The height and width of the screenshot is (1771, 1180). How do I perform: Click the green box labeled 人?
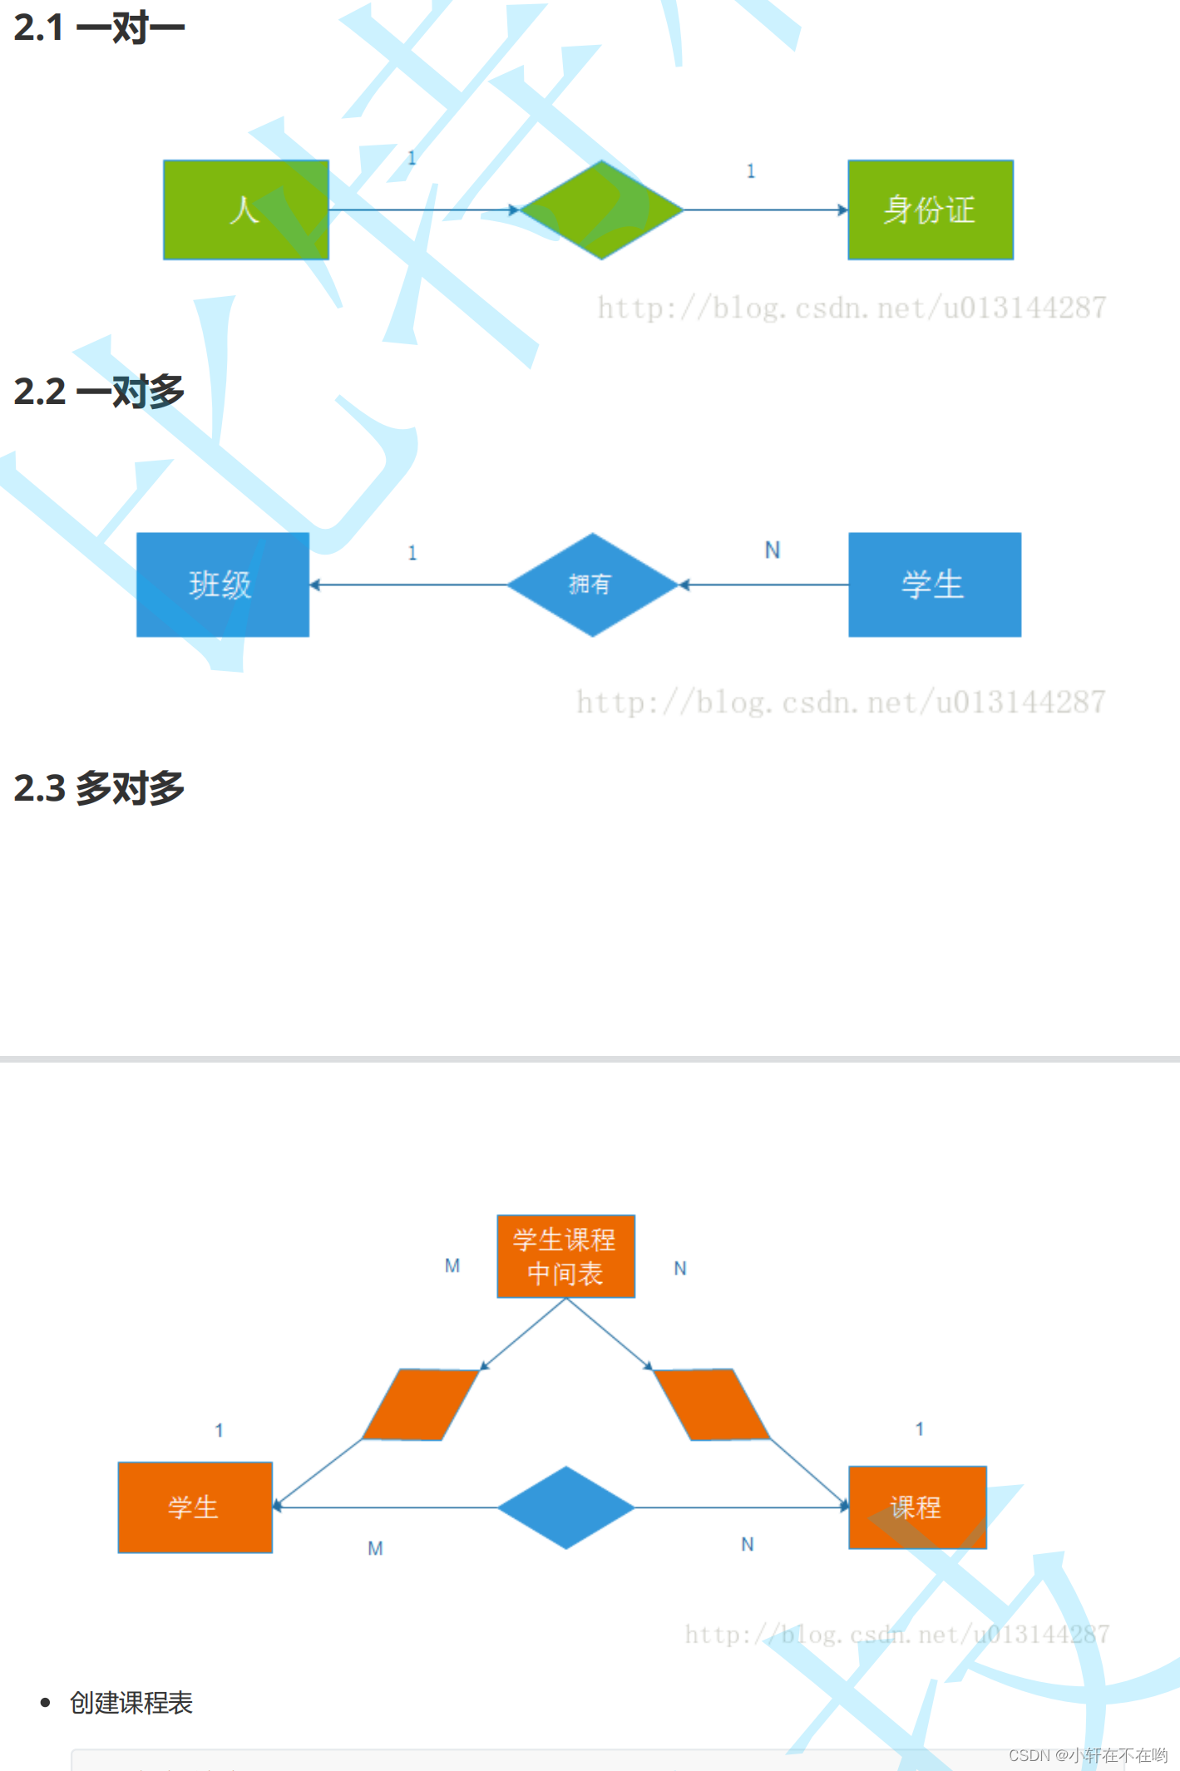[245, 210]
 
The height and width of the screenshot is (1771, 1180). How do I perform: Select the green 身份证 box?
[930, 210]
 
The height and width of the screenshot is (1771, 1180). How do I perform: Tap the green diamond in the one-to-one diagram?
[601, 210]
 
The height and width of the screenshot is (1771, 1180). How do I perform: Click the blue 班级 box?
[222, 585]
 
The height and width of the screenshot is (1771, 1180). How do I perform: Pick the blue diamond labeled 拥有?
[592, 585]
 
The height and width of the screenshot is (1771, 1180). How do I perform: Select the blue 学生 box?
[934, 585]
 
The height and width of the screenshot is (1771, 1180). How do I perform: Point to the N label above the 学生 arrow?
[773, 550]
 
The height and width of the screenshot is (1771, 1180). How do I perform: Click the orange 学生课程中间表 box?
[565, 1256]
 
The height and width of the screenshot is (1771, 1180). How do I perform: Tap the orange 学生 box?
[195, 1507]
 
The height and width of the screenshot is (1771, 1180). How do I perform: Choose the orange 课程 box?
[917, 1507]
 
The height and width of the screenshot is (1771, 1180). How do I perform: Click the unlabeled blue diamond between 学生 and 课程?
[565, 1507]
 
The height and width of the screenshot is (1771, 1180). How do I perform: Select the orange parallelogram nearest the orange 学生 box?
[421, 1404]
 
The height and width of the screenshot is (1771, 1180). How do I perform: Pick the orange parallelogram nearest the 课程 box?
[712, 1404]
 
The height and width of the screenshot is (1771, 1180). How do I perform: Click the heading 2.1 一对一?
[99, 27]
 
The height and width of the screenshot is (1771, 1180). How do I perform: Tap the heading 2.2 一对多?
[99, 392]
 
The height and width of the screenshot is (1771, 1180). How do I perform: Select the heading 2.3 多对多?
[99, 788]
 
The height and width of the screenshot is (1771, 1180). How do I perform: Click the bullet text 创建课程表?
[131, 1703]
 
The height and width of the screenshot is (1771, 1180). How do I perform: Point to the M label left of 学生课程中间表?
[452, 1265]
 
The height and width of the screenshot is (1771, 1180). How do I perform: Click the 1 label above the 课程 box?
[919, 1429]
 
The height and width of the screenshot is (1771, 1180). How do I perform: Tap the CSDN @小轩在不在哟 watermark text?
[1088, 1755]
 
